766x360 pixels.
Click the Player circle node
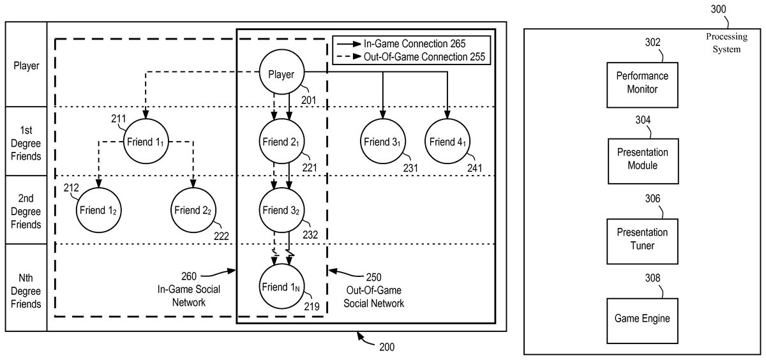pyautogui.click(x=282, y=74)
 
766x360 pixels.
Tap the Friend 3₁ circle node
pyautogui.click(x=382, y=142)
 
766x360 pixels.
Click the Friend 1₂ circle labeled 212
pyautogui.click(x=99, y=209)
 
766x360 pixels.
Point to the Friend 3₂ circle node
pyautogui.click(x=282, y=209)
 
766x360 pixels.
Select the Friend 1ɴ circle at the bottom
pyautogui.click(x=282, y=287)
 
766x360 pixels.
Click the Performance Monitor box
pyautogui.click(x=642, y=82)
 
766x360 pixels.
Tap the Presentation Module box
pyautogui.click(x=642, y=159)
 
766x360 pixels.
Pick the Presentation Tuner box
pyautogui.click(x=642, y=239)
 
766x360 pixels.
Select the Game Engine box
pyautogui.click(x=642, y=317)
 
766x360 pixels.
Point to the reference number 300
pyautogui.click(x=718, y=9)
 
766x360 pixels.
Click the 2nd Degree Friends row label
pyautogui.click(x=26, y=211)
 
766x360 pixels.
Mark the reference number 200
pyautogui.click(x=386, y=347)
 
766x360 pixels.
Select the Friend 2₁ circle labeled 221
pyautogui.click(x=282, y=142)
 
